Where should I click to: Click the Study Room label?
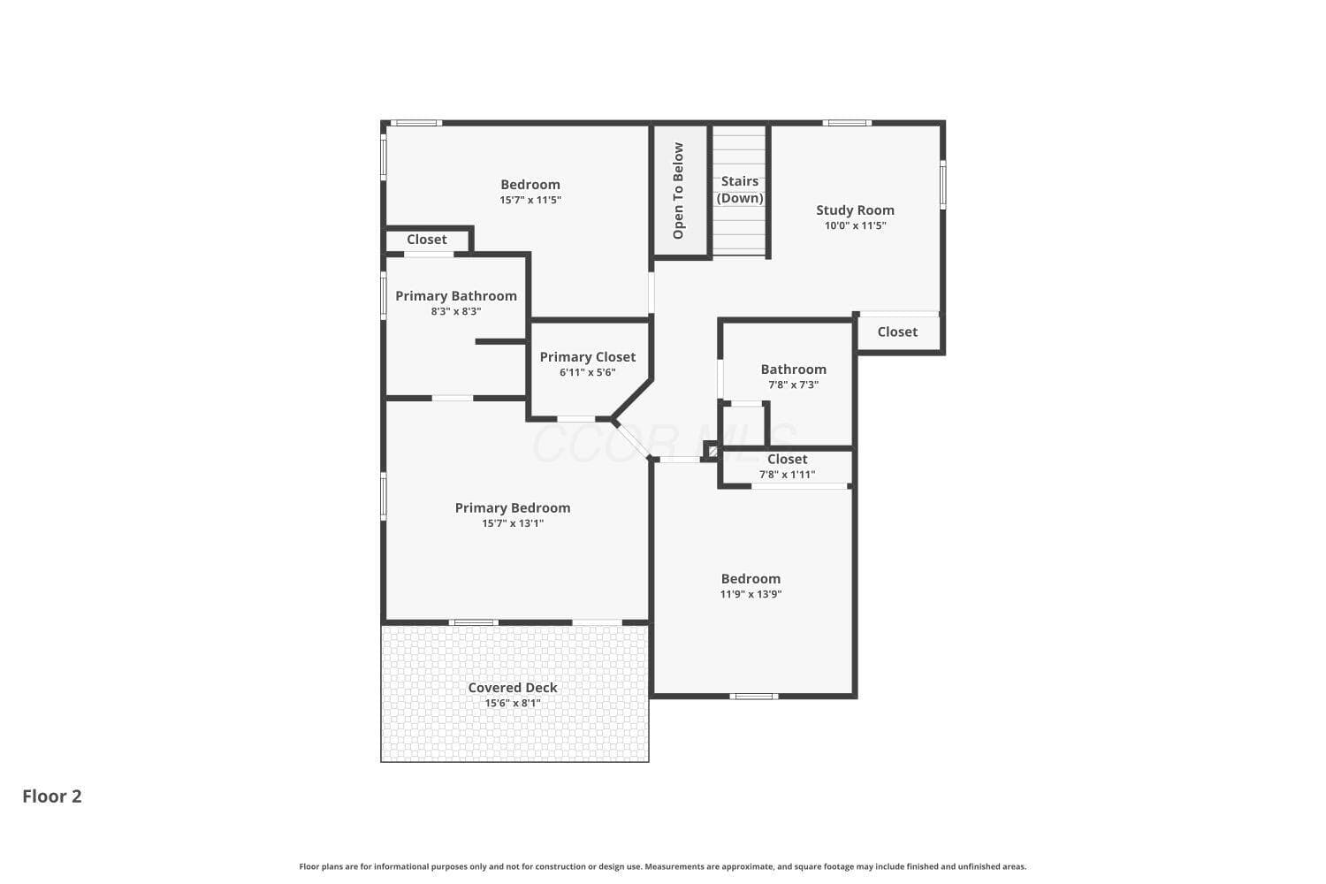(855, 210)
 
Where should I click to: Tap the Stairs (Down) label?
(739, 189)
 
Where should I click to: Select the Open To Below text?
(678, 191)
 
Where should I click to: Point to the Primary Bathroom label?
(456, 296)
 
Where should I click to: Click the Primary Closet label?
(587, 357)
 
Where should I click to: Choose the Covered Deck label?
(513, 688)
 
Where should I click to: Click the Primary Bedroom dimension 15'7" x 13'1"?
(513, 523)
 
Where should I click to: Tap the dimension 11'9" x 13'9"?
(751, 594)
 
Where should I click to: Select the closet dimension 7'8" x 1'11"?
(787, 475)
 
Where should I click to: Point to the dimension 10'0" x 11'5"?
(855, 225)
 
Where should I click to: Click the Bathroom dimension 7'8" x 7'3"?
(793, 385)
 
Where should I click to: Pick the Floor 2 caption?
(52, 796)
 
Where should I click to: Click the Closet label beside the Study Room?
(897, 332)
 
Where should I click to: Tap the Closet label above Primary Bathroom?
(426, 240)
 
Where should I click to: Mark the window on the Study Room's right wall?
(943, 184)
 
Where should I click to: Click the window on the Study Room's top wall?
(847, 123)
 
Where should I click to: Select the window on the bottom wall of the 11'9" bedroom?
(753, 697)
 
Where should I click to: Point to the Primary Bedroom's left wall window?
(384, 496)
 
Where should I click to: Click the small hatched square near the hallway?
(713, 452)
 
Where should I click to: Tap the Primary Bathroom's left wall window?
(384, 295)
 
